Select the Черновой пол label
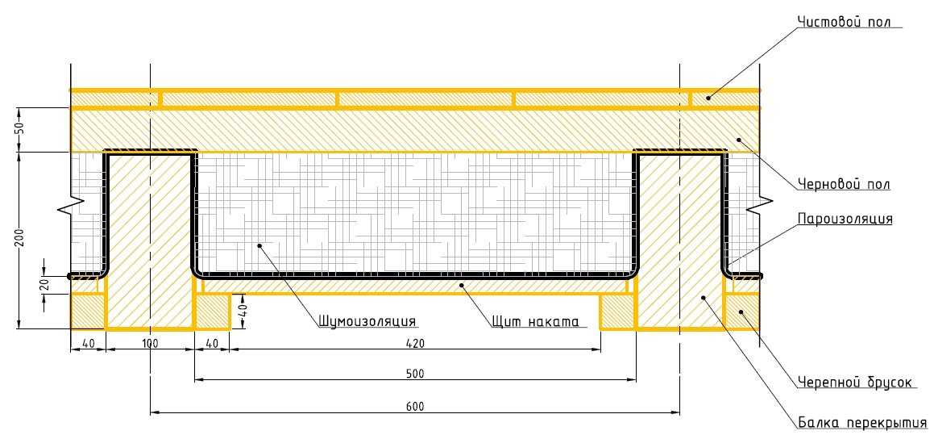[x=844, y=184]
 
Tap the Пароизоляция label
[x=845, y=219]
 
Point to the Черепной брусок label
[x=854, y=382]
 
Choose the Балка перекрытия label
[x=862, y=423]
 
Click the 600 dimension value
[x=414, y=407]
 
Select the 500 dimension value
[x=414, y=374]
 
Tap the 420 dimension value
[x=414, y=345]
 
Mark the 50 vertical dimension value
[x=19, y=129]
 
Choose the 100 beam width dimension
[x=150, y=345]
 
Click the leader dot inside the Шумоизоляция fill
[x=259, y=245]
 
